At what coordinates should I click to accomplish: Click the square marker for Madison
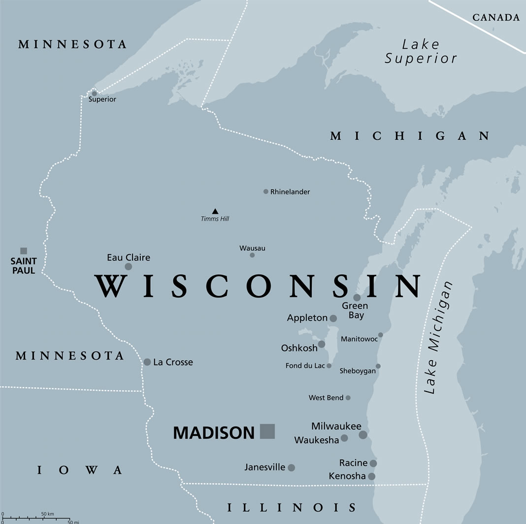(267, 431)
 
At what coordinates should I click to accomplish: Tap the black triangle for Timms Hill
(215, 211)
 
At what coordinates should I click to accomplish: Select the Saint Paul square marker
(24, 251)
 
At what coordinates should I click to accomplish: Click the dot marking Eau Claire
(129, 266)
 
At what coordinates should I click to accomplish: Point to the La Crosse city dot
(147, 362)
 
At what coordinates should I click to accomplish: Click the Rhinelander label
(290, 192)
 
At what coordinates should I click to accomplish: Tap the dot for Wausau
(252, 255)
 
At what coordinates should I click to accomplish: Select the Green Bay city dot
(357, 297)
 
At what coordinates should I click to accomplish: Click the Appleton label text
(307, 318)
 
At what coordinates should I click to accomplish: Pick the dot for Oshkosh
(322, 344)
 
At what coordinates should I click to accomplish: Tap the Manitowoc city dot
(381, 335)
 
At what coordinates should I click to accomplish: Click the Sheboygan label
(358, 371)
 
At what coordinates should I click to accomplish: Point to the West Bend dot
(348, 397)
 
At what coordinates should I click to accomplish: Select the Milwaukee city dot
(363, 435)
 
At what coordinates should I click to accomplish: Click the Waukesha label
(317, 440)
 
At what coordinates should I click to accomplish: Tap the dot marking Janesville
(292, 467)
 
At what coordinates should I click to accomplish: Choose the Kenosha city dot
(372, 476)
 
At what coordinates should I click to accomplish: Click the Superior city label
(102, 99)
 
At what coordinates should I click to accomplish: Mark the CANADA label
(496, 18)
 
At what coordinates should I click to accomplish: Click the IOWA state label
(80, 470)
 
